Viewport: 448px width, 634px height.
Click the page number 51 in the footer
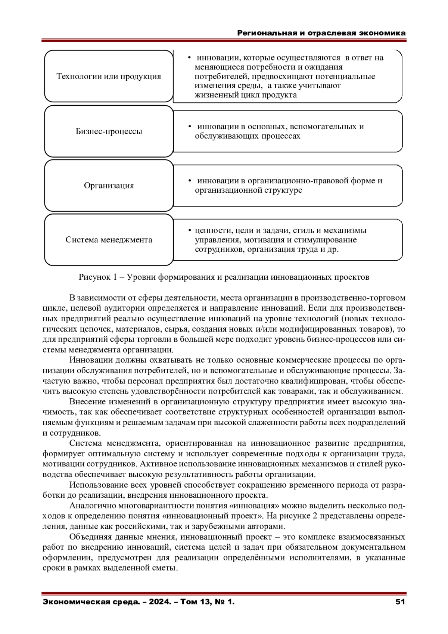pyautogui.click(x=400, y=602)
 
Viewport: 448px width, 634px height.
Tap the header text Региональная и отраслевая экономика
pyautogui.click(x=321, y=33)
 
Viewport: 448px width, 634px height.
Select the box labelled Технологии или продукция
pyautogui.click(x=109, y=77)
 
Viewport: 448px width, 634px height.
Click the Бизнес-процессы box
pyautogui.click(x=109, y=131)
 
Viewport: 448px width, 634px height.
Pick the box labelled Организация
pyautogui.click(x=109, y=186)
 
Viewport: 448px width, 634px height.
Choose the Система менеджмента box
pyautogui.click(x=109, y=240)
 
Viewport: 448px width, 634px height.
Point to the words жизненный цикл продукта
pyautogui.click(x=246, y=95)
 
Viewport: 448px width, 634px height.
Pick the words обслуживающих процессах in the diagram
pyautogui.click(x=248, y=136)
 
